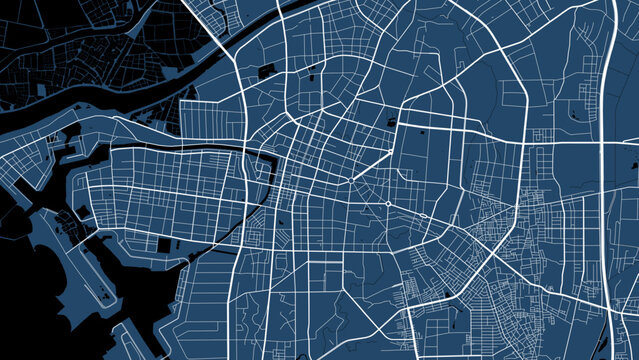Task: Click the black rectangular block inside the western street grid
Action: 164,245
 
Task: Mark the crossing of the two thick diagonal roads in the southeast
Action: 494,250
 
